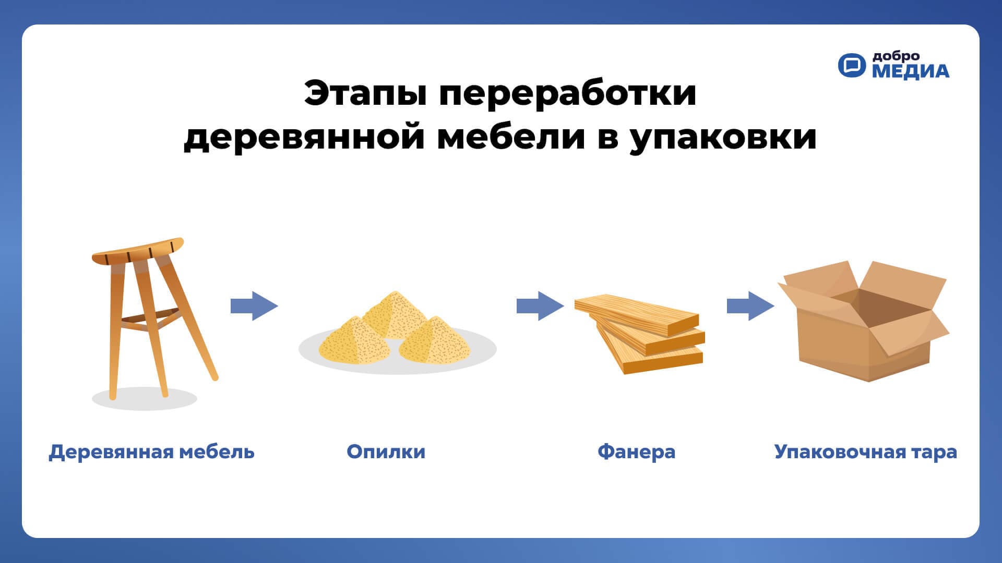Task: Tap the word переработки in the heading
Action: coord(568,94)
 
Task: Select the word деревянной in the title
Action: coord(304,138)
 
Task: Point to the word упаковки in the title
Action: coord(723,139)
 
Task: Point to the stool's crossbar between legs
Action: coord(144,320)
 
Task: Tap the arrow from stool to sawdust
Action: coord(254,305)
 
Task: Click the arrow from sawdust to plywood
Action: coord(540,305)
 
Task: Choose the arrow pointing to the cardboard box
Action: coord(750,305)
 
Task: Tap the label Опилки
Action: coord(386,451)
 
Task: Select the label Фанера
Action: coord(636,451)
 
